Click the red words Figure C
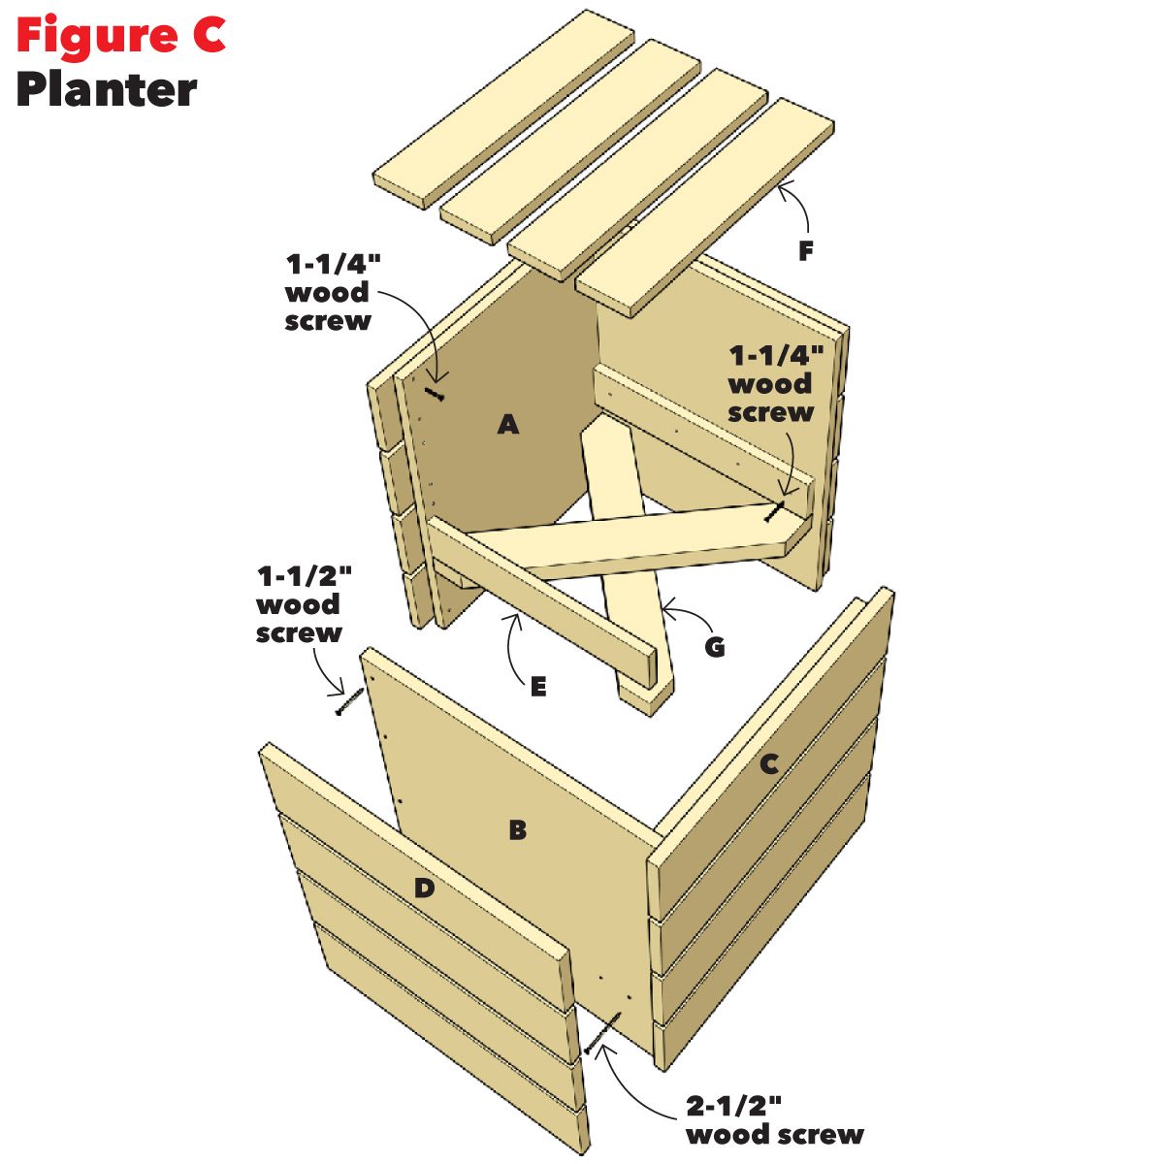coord(120,36)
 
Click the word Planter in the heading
coord(107,89)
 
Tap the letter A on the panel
coord(507,424)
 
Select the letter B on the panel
coord(517,829)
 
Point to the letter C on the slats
coord(768,763)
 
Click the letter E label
coord(538,687)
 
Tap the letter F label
coord(805,251)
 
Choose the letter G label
coord(715,647)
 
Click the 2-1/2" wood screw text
coord(774,1118)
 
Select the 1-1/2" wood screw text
coord(300,604)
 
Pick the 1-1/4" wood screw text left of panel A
coord(328,292)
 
